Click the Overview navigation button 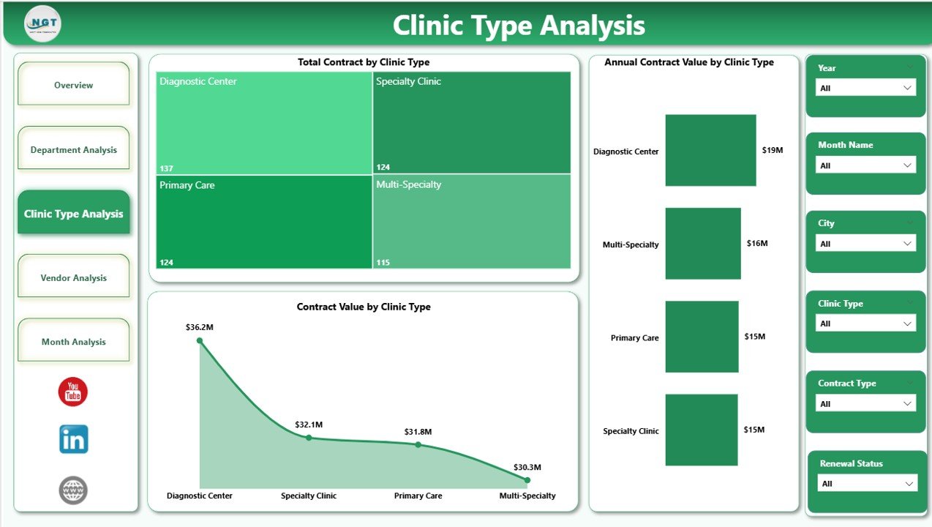73,85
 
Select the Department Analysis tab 73,149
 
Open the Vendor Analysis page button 73,277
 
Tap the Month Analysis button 73,341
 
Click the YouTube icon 73,392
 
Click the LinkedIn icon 73,439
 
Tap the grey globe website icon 73,490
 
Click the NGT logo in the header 42,24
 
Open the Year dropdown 865,88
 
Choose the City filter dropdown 865,244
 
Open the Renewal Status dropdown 867,483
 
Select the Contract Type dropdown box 865,403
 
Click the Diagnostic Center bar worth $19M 710,150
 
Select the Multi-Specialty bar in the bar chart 702,243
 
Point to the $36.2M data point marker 200,341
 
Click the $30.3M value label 527,467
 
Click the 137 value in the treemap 166,168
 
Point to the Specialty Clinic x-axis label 308,496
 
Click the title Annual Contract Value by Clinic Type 688,62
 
